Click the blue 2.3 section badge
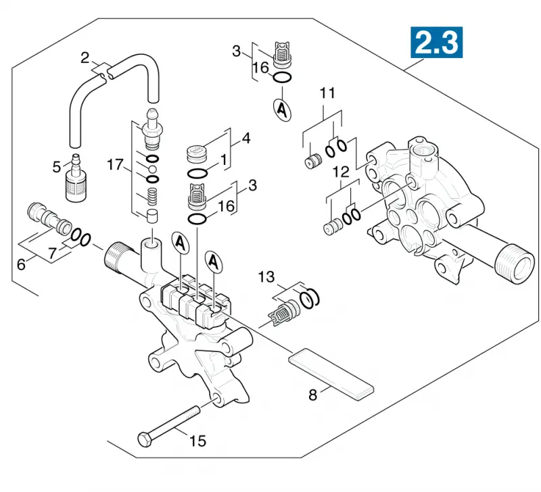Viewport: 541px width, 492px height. [436, 43]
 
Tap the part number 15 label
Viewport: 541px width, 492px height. [197, 441]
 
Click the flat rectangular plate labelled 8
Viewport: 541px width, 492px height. [331, 374]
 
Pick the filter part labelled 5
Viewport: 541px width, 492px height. [76, 178]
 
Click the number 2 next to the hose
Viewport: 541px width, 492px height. [85, 58]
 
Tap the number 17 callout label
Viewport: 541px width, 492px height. [115, 164]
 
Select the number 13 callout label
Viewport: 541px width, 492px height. [266, 277]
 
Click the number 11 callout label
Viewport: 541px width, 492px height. [327, 93]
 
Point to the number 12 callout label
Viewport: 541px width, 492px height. [341, 172]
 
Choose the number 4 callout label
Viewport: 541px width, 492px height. [246, 139]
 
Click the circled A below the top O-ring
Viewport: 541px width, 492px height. [282, 110]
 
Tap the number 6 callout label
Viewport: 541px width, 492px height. [21, 264]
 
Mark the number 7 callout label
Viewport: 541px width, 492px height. [52, 253]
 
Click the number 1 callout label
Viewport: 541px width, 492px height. [224, 160]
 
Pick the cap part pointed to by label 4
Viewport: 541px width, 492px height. [197, 154]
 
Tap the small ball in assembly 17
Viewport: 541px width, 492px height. [152, 169]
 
